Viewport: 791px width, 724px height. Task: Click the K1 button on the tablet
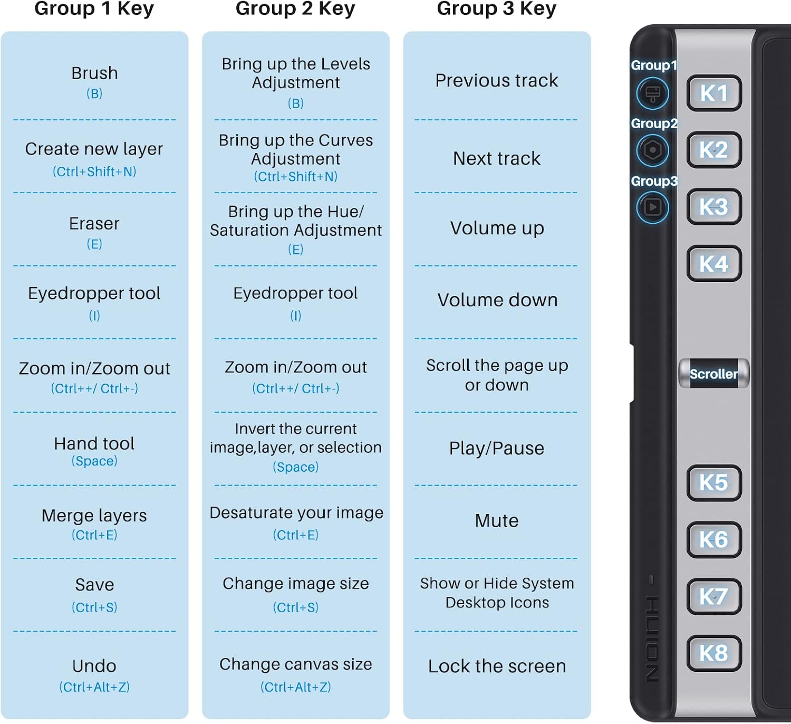(x=713, y=93)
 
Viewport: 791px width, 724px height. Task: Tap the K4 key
(x=713, y=263)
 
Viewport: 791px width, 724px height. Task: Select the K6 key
(x=713, y=539)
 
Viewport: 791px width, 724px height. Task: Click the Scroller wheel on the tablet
(x=713, y=374)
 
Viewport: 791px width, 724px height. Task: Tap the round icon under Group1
(x=653, y=93)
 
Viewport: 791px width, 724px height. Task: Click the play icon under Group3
(x=653, y=207)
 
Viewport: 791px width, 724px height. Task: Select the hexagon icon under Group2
(x=653, y=150)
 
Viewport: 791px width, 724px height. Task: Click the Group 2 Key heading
(x=295, y=8)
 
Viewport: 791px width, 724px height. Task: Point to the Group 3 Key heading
(x=496, y=8)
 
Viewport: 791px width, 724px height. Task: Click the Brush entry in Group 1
(x=94, y=82)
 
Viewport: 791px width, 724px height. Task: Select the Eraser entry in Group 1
(x=94, y=233)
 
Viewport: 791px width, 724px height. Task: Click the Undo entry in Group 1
(x=94, y=675)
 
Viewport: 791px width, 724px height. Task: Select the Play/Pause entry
(x=496, y=449)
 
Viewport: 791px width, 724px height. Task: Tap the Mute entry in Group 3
(x=496, y=521)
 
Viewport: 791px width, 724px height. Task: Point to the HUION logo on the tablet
(x=652, y=639)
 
